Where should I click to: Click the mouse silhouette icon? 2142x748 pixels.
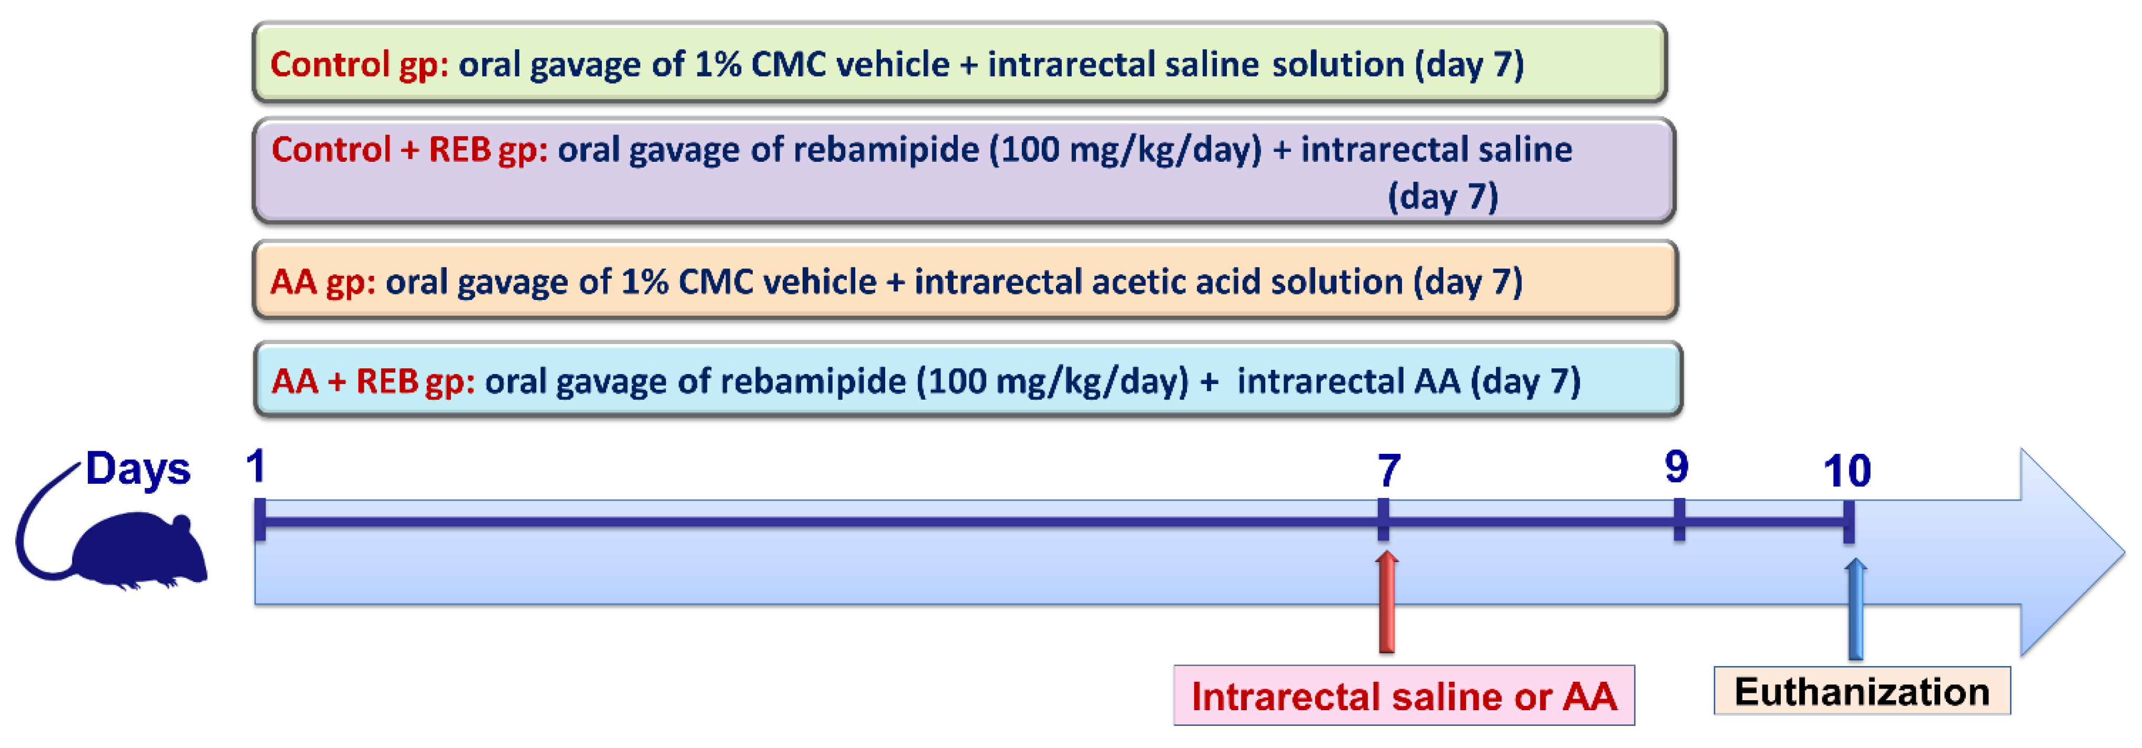coord(133,548)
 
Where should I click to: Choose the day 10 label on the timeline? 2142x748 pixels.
coord(1847,471)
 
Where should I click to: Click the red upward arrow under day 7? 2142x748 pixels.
coord(1386,602)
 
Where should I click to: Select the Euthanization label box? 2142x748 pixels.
coord(1862,691)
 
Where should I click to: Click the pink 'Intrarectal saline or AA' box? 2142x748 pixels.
coord(1403,695)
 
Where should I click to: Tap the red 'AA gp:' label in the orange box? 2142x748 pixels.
coord(323,283)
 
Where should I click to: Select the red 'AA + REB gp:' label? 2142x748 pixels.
coord(373,381)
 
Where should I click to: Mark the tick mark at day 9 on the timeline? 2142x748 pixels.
coord(1679,520)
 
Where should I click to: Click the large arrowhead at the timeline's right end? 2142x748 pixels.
coord(2071,552)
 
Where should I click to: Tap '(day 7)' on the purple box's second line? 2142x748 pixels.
coord(1443,197)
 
